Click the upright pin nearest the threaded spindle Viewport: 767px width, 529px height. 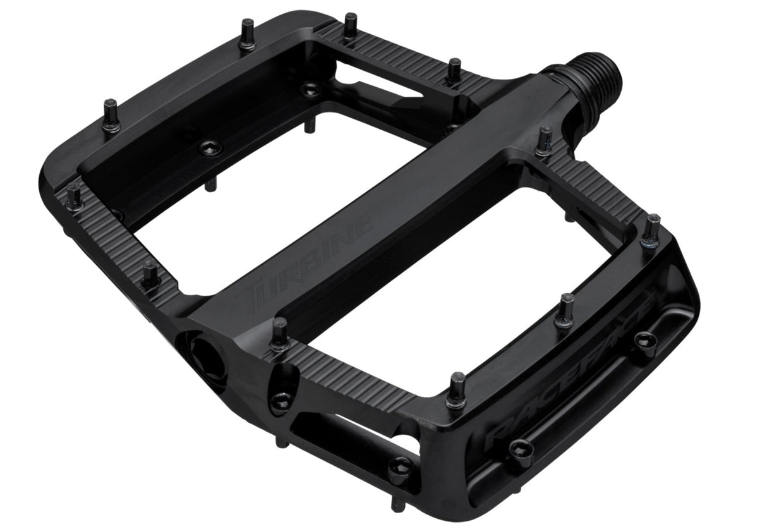(544, 140)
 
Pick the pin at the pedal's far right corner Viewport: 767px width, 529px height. (651, 230)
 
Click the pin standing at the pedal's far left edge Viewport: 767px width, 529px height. (75, 196)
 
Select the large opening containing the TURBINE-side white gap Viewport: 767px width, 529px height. (272, 209)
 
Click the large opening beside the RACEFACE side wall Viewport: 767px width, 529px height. (442, 284)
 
